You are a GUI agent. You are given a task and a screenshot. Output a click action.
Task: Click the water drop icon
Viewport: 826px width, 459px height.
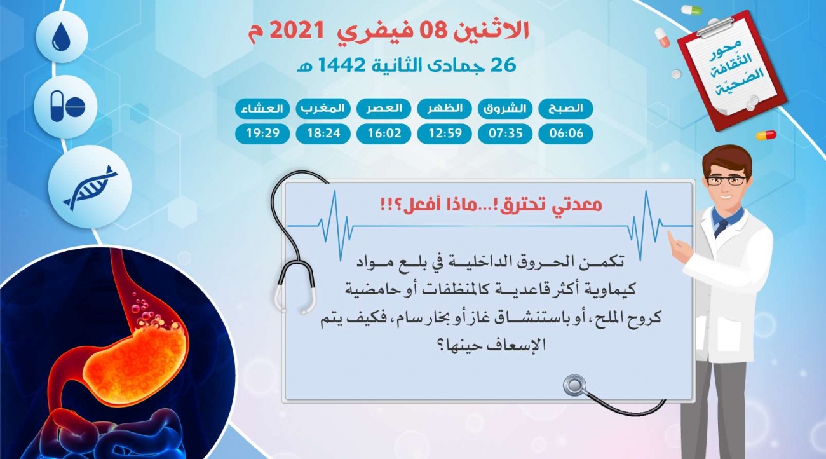[61, 37]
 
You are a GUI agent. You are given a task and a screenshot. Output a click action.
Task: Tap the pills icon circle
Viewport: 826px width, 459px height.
[65, 107]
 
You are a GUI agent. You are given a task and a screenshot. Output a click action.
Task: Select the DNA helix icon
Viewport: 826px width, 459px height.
[90, 188]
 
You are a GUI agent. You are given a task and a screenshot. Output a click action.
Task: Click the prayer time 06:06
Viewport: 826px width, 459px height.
[565, 134]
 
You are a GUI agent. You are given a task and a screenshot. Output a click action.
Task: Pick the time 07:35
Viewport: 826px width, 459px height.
[505, 134]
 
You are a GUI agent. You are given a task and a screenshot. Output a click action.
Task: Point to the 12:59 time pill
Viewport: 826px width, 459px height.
[444, 134]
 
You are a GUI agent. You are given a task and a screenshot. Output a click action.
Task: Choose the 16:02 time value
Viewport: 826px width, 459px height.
[384, 134]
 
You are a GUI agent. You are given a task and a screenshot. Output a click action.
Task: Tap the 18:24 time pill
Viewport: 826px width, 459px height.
[323, 134]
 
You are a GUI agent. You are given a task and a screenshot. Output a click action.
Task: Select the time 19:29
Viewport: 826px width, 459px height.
[262, 134]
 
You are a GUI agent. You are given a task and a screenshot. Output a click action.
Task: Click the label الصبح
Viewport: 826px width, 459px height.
[565, 109]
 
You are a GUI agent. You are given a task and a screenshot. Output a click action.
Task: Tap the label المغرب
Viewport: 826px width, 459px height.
[323, 109]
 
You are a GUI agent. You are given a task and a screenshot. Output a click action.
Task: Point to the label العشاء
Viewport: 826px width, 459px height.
[262, 109]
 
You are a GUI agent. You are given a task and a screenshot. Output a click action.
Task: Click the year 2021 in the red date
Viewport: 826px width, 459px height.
[297, 31]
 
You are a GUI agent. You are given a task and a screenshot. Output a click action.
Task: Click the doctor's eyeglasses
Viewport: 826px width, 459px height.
[726, 181]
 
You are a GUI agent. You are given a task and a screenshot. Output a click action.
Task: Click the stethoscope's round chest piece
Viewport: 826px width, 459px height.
[574, 386]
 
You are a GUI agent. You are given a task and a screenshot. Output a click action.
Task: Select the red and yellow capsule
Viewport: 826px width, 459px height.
[766, 135]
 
